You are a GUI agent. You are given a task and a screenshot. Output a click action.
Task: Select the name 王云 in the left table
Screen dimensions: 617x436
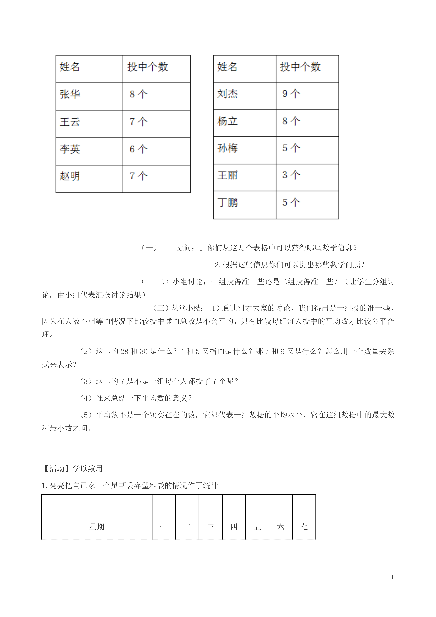70,122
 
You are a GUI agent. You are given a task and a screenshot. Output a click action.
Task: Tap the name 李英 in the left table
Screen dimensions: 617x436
70,149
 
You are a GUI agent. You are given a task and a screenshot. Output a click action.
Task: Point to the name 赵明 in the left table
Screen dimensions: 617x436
70,176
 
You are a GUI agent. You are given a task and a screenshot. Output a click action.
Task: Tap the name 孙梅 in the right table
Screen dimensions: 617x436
227,148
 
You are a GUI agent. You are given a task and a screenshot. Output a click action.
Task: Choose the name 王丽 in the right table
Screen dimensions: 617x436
227,175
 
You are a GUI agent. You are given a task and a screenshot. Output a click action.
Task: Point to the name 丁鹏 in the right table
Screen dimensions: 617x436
227,202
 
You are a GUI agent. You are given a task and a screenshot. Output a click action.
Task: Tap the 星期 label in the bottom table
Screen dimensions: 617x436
97,527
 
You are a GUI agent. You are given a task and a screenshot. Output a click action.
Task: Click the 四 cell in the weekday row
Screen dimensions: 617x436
234,527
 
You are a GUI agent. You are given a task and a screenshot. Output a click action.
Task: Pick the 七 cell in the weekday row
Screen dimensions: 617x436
304,527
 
